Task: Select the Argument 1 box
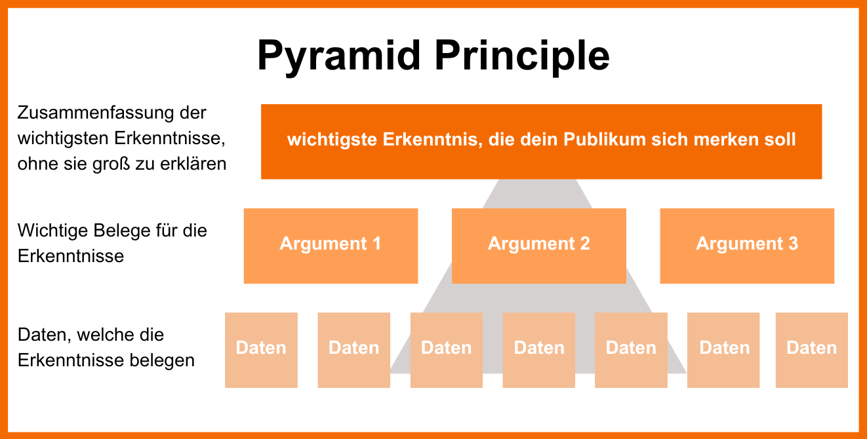click(331, 246)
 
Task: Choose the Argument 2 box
click(539, 246)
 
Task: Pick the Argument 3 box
click(747, 246)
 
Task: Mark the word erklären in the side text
click(195, 164)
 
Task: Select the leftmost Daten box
click(261, 350)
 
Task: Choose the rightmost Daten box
click(812, 350)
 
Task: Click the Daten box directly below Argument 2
click(539, 350)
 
